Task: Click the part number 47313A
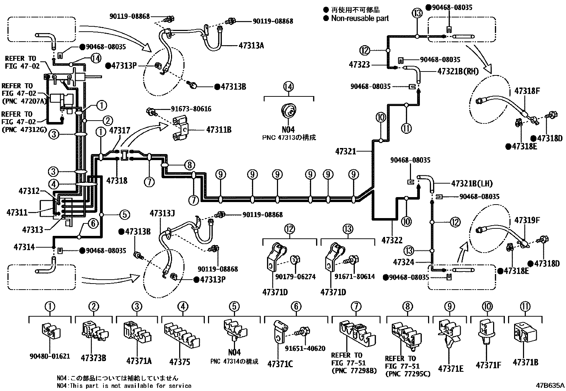(x=251, y=46)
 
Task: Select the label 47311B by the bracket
(x=218, y=130)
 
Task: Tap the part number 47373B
(x=93, y=358)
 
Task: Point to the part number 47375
(x=180, y=362)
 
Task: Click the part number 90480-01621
(x=50, y=356)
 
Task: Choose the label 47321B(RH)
(x=458, y=71)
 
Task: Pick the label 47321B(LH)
(x=472, y=184)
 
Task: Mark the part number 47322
(x=392, y=241)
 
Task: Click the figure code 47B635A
(x=550, y=385)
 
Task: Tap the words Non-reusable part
(x=360, y=18)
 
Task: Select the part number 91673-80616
(x=191, y=109)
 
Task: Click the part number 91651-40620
(x=305, y=348)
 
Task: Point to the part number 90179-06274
(x=295, y=276)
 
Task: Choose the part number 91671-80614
(x=354, y=276)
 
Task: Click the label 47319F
(x=527, y=220)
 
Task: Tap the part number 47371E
(x=450, y=369)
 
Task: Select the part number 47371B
(x=525, y=363)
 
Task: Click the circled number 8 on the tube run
(x=189, y=165)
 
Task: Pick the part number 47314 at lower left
(x=24, y=247)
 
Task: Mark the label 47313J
(x=162, y=213)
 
